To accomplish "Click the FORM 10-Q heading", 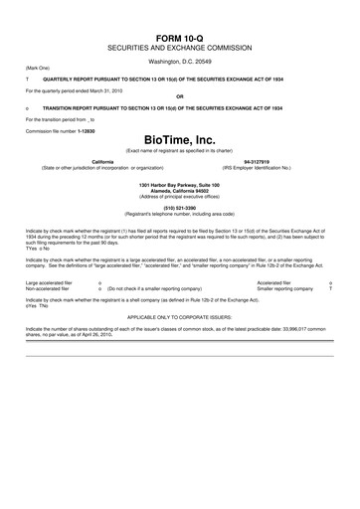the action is [180, 35].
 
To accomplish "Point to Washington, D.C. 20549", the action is [180, 62].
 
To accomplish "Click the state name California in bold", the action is [102, 160].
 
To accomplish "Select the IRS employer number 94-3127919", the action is [258, 160].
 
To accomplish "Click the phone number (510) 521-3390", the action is [180, 207].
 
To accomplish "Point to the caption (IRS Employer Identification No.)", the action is [258, 166].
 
